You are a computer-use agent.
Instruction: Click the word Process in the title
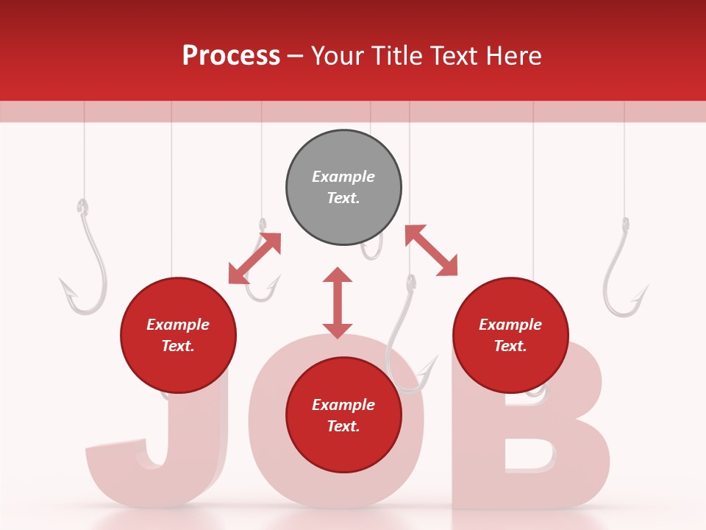pos(231,56)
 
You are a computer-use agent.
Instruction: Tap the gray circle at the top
pos(343,187)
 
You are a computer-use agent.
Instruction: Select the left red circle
pos(178,335)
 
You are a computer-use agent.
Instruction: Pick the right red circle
pos(510,335)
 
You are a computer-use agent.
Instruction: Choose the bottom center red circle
pos(343,415)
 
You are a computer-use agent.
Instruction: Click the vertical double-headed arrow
pos(338,303)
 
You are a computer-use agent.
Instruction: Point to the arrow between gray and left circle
pos(254,258)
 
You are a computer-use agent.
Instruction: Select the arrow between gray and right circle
pos(431,250)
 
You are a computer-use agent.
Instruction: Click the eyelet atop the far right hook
pos(626,224)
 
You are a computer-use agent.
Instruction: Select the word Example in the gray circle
pos(343,177)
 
